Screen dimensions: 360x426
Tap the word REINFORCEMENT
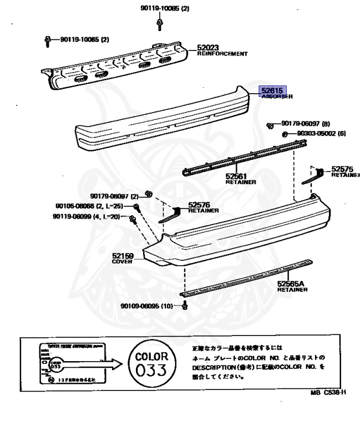coord(222,54)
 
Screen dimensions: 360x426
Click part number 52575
coord(342,169)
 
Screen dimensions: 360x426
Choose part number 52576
coord(199,204)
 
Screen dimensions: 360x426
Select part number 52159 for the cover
coord(123,256)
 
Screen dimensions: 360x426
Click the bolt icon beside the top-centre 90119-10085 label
coord(160,23)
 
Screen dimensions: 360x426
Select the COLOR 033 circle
coord(146,364)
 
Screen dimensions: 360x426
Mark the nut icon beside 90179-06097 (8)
coord(270,125)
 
